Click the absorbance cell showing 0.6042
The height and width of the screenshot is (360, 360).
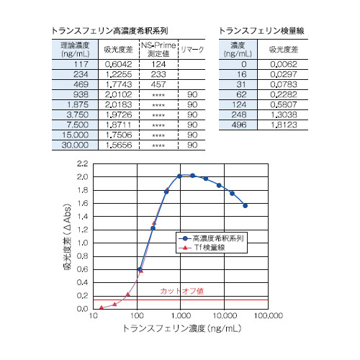118,64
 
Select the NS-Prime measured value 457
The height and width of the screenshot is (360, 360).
158,84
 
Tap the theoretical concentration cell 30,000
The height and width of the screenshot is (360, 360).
75,145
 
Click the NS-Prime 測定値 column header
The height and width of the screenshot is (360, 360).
158,50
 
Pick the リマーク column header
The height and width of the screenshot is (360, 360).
192,50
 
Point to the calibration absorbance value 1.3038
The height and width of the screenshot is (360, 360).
284,114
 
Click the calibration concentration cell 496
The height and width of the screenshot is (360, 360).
239,125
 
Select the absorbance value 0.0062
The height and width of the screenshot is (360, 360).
284,64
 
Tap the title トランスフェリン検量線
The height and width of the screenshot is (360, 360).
261,31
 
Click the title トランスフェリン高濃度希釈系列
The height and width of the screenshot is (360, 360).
109,31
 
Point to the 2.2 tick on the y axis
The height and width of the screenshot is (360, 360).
82,163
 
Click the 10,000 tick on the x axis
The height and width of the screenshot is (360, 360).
225,315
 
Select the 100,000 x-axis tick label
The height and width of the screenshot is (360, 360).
269,315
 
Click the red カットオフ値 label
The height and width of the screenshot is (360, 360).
181,291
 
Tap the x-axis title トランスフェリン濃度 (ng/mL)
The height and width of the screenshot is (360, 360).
182,328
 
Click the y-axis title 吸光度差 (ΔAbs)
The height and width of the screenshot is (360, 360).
68,237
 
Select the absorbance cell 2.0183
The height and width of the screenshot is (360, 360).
118,104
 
